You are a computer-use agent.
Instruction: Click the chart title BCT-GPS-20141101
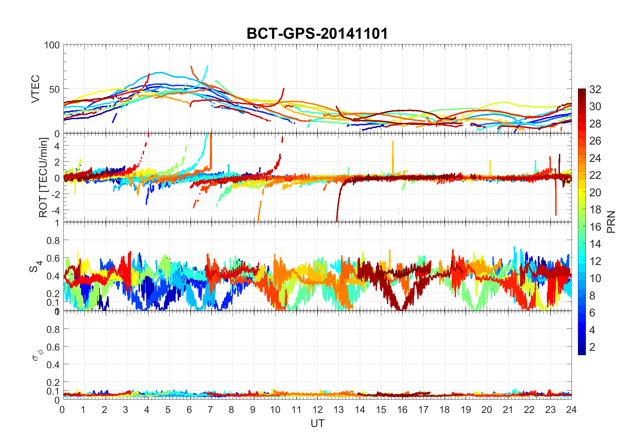[x=317, y=34]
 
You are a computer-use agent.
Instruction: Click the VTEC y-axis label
[x=35, y=89]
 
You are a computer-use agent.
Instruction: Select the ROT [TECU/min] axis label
[x=43, y=178]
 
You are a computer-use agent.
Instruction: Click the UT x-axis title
[x=317, y=424]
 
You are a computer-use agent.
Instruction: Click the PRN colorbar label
[x=611, y=222]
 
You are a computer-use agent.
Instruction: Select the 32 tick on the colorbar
[x=595, y=89]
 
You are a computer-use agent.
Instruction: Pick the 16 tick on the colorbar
[x=595, y=227]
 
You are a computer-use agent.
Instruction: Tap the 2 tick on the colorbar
[x=592, y=347]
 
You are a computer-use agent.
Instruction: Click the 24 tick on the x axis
[x=571, y=410]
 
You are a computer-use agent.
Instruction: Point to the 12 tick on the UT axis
[x=317, y=410]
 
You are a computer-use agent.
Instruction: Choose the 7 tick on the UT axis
[x=210, y=410]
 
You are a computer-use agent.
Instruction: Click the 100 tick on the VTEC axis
[x=52, y=45]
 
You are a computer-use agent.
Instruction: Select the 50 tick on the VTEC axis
[x=54, y=89]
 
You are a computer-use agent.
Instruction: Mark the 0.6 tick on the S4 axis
[x=53, y=258]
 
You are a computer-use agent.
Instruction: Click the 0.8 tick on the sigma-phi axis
[x=53, y=329]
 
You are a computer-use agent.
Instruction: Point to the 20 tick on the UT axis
[x=486, y=410]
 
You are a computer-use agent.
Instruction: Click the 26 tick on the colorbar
[x=595, y=141]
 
